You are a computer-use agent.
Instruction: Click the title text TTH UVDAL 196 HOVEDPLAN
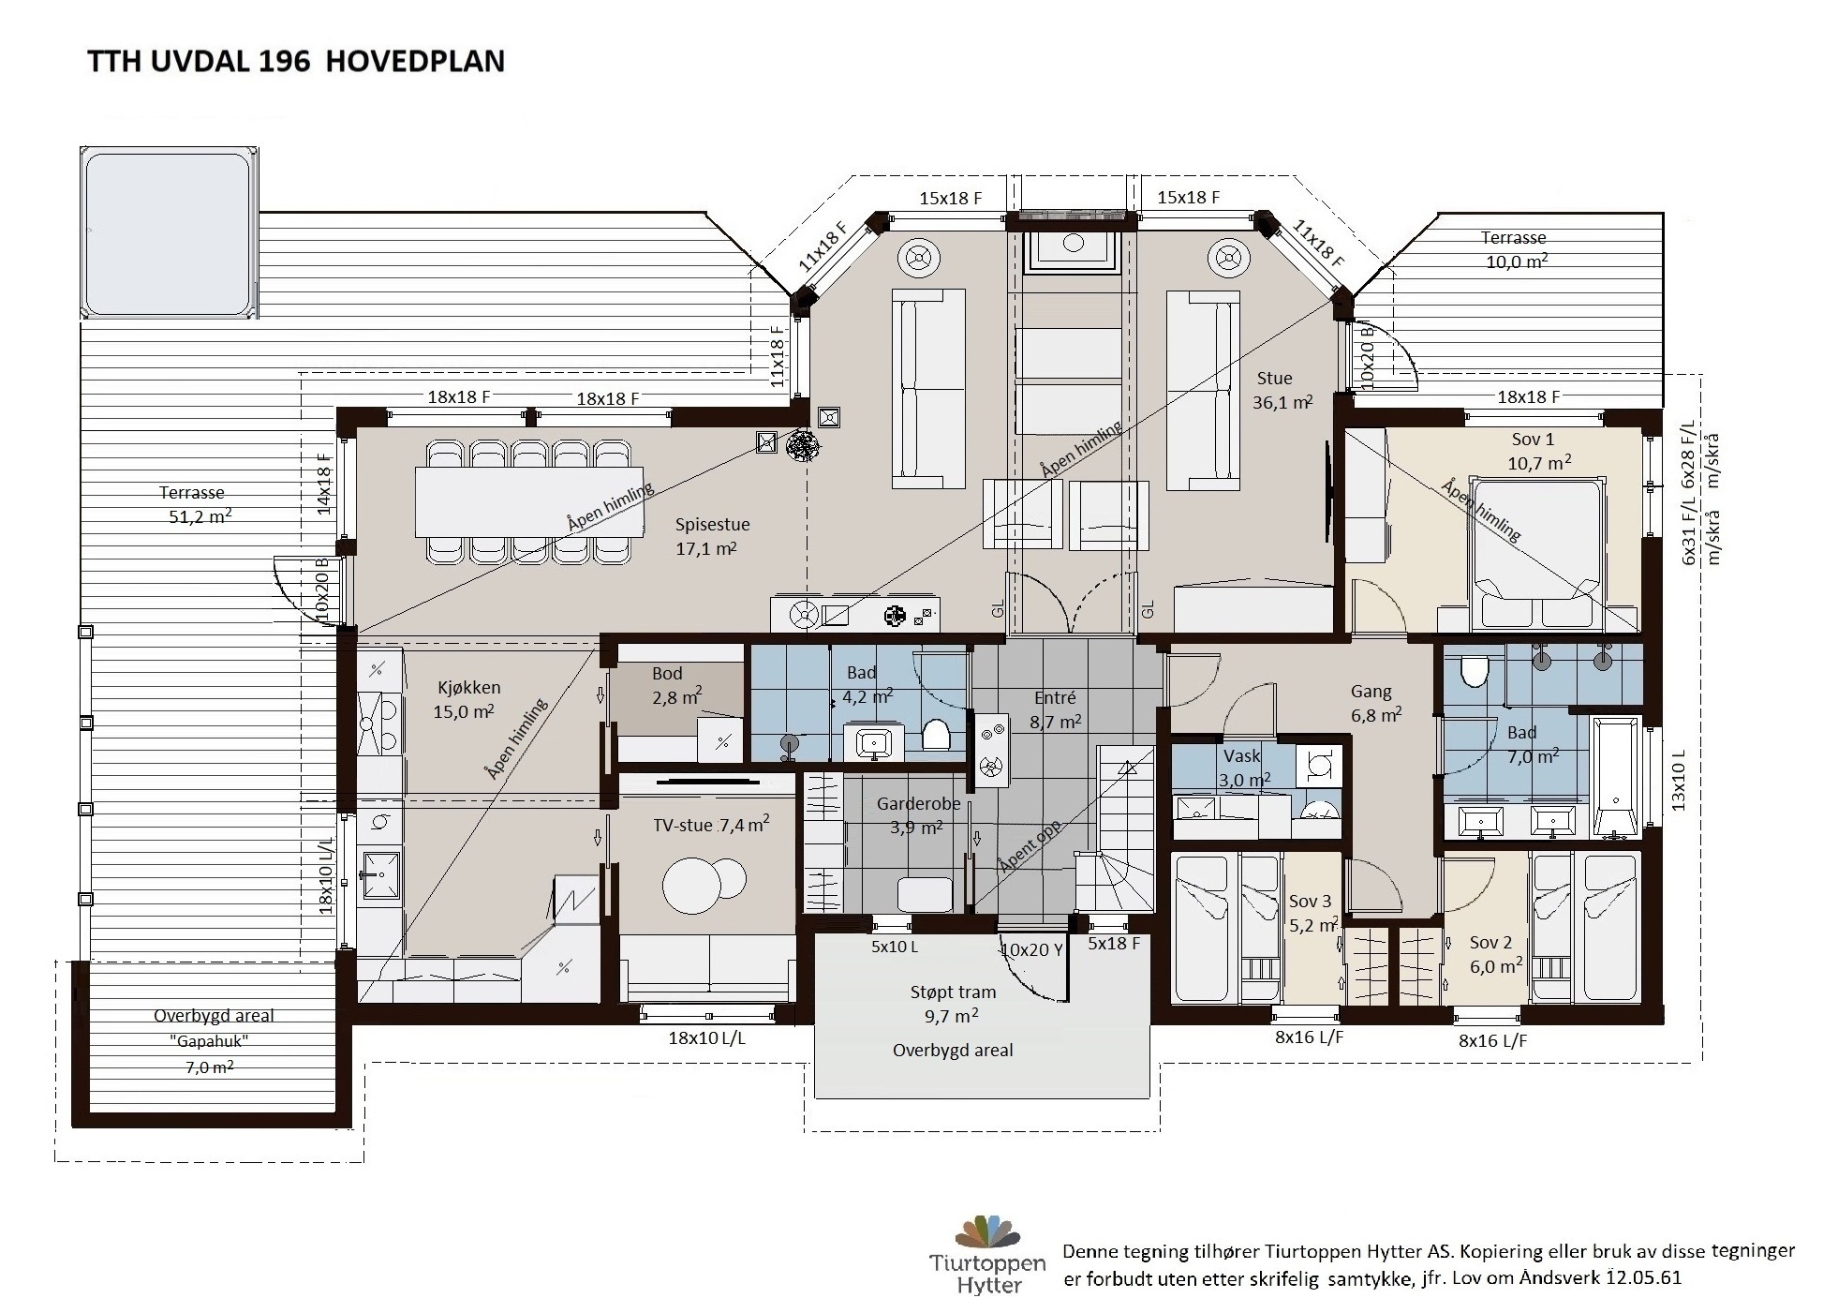(296, 61)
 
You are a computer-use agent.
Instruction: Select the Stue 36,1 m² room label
(1282, 390)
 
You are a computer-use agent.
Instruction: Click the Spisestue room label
(712, 524)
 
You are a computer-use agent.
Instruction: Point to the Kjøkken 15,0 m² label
(467, 699)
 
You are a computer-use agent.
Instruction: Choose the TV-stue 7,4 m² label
(711, 825)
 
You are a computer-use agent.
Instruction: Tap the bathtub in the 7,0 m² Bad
(1616, 777)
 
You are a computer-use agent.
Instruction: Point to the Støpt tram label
(952, 992)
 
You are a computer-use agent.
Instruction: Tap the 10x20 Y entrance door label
(1031, 949)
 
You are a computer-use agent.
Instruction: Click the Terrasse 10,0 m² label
(1514, 249)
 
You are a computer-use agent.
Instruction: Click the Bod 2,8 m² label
(675, 685)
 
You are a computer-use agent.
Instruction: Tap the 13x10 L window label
(1678, 779)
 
